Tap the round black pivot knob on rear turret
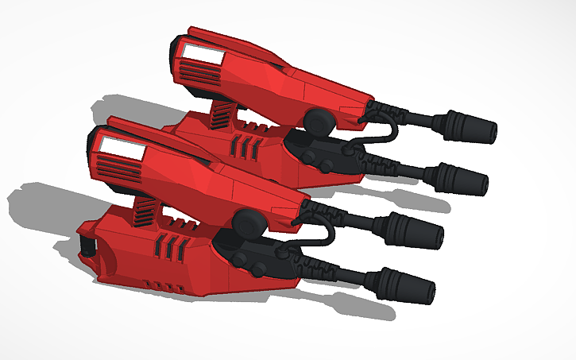click(x=317, y=122)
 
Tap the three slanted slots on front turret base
click(x=175, y=248)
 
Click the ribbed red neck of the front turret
click(x=145, y=210)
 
